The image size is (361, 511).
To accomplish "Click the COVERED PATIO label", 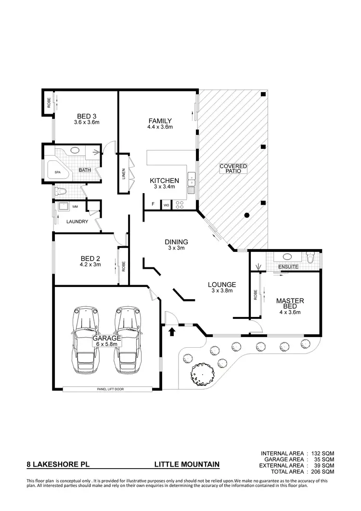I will (233, 168).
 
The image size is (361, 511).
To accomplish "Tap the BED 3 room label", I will (87, 116).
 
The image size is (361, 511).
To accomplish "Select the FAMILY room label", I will (160, 120).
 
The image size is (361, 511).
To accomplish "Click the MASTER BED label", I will (289, 303).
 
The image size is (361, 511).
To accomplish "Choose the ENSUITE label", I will (289, 266).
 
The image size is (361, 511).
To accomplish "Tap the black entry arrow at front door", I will (172, 331).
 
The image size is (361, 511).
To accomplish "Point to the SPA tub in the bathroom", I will (58, 171).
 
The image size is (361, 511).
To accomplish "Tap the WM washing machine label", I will (75, 207).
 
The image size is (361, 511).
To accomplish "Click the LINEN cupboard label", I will (124, 173).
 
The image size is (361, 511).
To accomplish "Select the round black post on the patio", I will (247, 215).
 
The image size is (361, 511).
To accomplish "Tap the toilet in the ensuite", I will (310, 259).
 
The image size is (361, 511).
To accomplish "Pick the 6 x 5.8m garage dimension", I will (107, 344).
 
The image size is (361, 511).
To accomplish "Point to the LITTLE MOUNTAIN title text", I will (187, 465).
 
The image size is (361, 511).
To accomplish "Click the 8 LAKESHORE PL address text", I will (57, 465).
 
